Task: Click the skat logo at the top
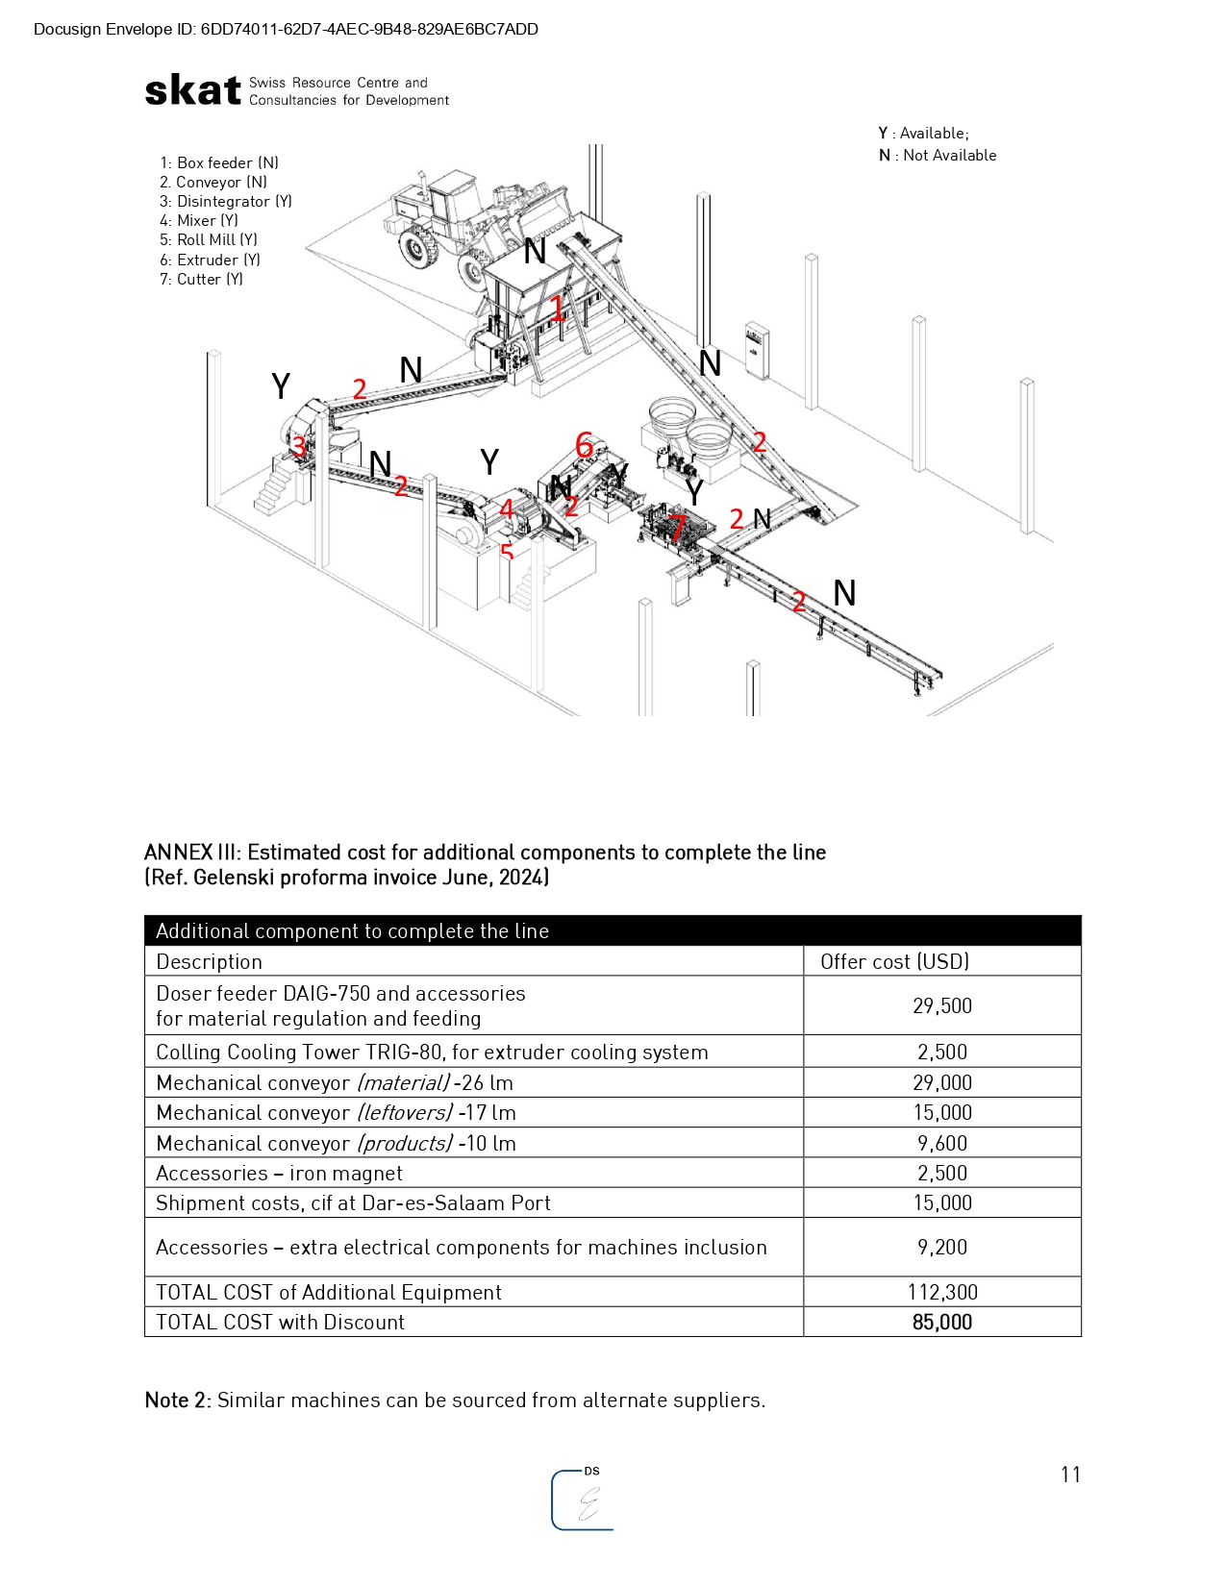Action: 192,90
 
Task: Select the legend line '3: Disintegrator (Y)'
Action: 225,202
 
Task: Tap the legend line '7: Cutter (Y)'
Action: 201,280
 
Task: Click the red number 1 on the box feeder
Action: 558,308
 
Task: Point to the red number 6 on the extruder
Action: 584,445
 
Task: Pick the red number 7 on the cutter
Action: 678,527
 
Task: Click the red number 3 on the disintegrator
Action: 299,446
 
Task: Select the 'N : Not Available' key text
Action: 938,156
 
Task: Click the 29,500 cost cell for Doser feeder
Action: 941,1006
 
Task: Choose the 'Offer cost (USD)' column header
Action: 894,962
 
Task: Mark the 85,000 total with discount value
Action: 941,1323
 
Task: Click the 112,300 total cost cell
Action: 941,1293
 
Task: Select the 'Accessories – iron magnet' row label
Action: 279,1174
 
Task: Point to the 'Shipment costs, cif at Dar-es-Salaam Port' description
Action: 353,1203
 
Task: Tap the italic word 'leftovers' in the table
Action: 404,1113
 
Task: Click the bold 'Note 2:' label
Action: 178,1400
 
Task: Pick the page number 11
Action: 1070,1474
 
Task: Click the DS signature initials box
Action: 583,1499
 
